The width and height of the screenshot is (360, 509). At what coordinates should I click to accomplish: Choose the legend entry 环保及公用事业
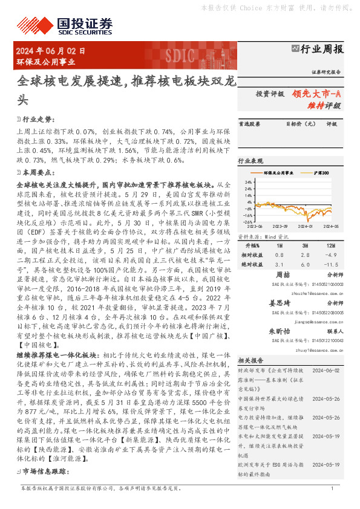(278, 173)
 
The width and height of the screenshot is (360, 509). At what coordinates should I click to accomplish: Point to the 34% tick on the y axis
(247, 181)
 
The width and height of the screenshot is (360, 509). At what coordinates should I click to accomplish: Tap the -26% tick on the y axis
(247, 223)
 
